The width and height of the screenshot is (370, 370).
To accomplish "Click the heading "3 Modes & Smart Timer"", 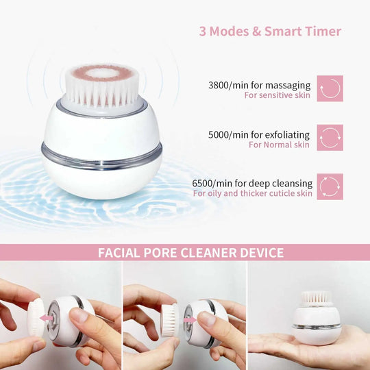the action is coord(270,31).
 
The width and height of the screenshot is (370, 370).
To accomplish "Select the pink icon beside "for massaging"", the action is coord(330,88).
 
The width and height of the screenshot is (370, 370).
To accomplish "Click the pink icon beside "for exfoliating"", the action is coord(330,138).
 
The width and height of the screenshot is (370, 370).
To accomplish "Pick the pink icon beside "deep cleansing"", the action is coord(330,186).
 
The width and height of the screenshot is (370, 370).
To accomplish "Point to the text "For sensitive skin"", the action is coord(277,95).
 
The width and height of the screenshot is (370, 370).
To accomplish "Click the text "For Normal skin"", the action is coord(279,145).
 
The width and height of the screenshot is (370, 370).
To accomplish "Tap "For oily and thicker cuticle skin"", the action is coord(252,193).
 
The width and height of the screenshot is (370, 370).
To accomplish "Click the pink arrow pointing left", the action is coord(47,319).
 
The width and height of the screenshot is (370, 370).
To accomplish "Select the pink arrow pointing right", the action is coord(190,320).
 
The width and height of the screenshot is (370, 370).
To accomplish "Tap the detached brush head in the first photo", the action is coord(36,317).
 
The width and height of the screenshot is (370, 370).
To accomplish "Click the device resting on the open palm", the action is coord(316,319).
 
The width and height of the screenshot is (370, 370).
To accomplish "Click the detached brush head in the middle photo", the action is coord(169,320).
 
